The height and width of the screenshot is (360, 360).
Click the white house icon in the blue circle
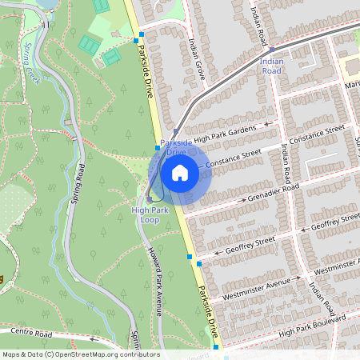(180, 173)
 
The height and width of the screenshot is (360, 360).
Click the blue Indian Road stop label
(272, 65)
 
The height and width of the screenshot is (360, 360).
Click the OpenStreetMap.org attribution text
(82, 354)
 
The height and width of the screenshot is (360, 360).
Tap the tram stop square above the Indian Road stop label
(272, 50)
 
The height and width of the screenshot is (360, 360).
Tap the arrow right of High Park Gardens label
(269, 124)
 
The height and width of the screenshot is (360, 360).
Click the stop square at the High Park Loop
(149, 199)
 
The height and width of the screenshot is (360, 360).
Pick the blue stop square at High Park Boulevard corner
(216, 347)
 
